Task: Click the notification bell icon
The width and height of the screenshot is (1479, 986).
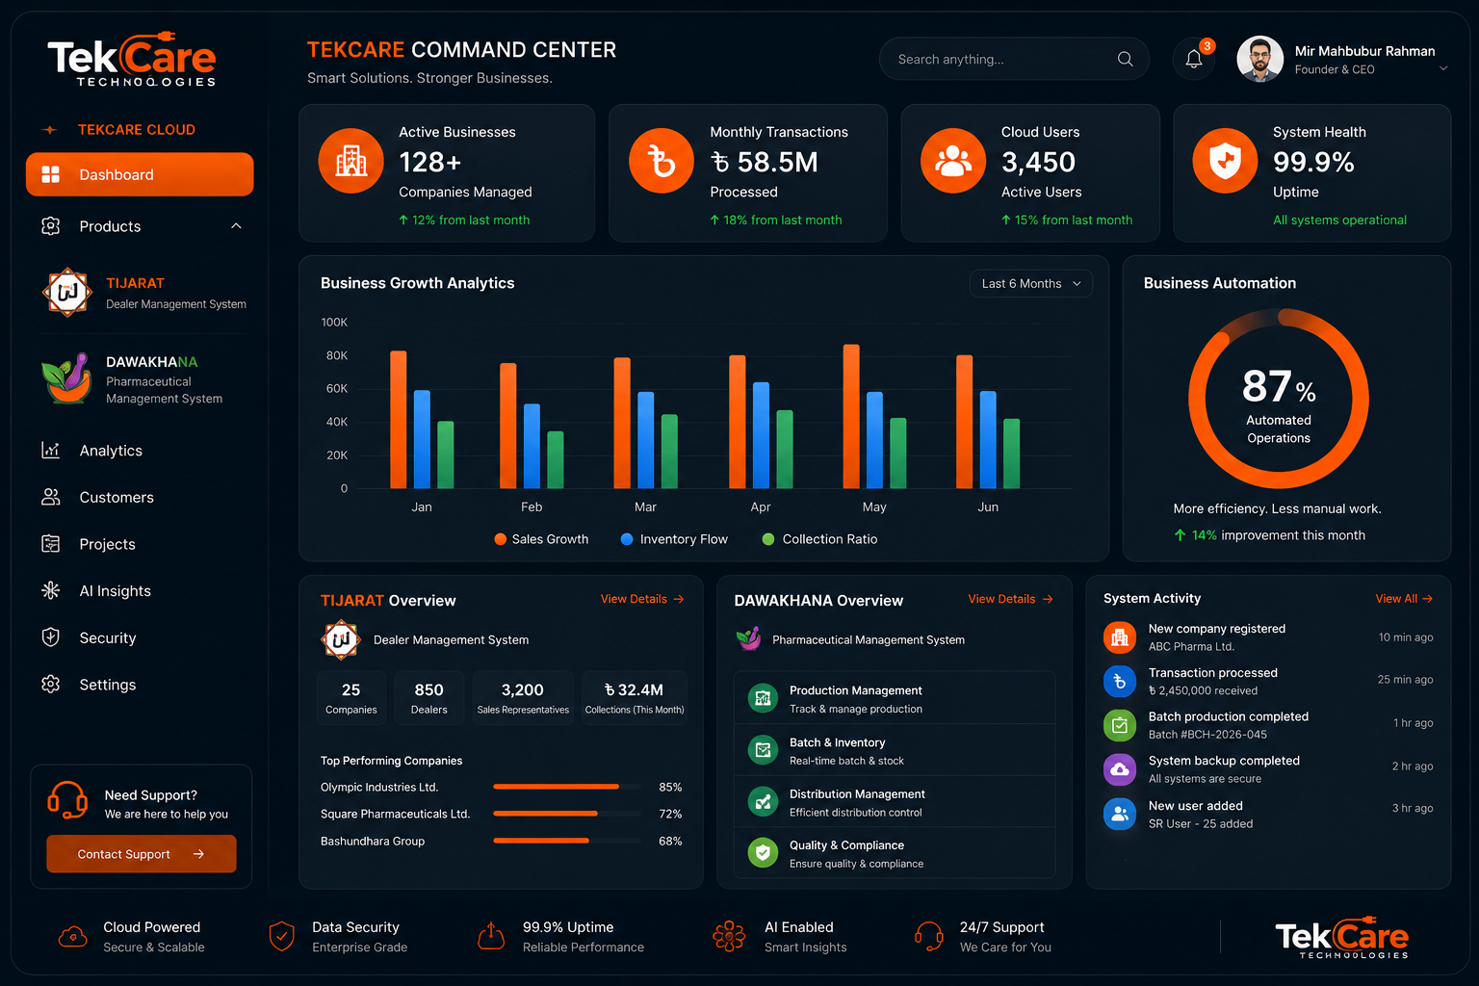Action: (1193, 59)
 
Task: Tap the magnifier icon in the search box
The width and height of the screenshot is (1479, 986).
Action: (1125, 59)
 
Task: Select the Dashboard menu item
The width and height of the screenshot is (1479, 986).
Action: (140, 174)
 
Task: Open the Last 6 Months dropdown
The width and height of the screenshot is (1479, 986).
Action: (1030, 283)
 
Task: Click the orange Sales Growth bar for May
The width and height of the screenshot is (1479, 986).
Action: (851, 416)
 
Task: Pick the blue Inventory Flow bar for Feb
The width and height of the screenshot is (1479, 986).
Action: (532, 446)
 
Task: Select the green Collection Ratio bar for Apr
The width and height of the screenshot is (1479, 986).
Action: (785, 449)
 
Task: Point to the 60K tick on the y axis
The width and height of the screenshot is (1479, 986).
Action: (336, 388)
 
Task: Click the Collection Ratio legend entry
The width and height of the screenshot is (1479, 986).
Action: (819, 539)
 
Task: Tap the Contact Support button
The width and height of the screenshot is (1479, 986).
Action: (142, 854)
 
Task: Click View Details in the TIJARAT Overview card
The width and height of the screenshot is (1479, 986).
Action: (642, 599)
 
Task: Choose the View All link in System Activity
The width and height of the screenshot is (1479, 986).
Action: (1404, 598)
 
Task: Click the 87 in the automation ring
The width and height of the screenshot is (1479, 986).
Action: (1266, 386)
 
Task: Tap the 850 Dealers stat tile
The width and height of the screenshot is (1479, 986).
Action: (429, 698)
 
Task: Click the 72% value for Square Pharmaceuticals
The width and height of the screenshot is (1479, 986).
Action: (670, 814)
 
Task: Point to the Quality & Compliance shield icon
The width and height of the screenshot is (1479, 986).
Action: (763, 852)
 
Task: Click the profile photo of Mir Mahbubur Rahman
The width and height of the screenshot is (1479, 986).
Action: (1259, 60)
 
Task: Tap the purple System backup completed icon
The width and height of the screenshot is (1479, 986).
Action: (1120, 769)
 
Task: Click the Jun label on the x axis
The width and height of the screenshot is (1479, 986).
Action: (988, 506)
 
